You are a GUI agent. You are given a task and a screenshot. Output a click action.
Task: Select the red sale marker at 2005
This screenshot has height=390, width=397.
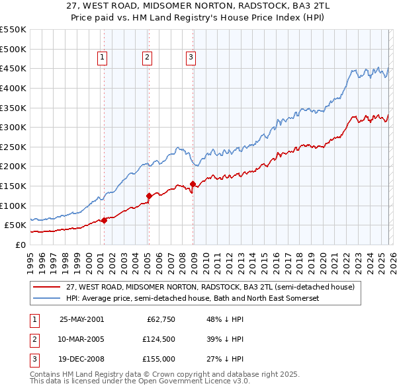pyautogui.click(x=149, y=196)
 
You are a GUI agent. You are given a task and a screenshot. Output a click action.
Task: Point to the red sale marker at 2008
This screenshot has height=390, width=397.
pyautogui.click(x=193, y=184)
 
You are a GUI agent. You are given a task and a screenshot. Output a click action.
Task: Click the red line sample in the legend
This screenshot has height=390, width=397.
pyautogui.click(x=48, y=288)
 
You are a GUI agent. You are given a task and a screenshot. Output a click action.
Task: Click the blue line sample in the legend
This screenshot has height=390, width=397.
pyautogui.click(x=48, y=298)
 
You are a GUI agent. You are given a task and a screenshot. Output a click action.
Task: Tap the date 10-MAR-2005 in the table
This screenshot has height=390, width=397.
pyautogui.click(x=81, y=340)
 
